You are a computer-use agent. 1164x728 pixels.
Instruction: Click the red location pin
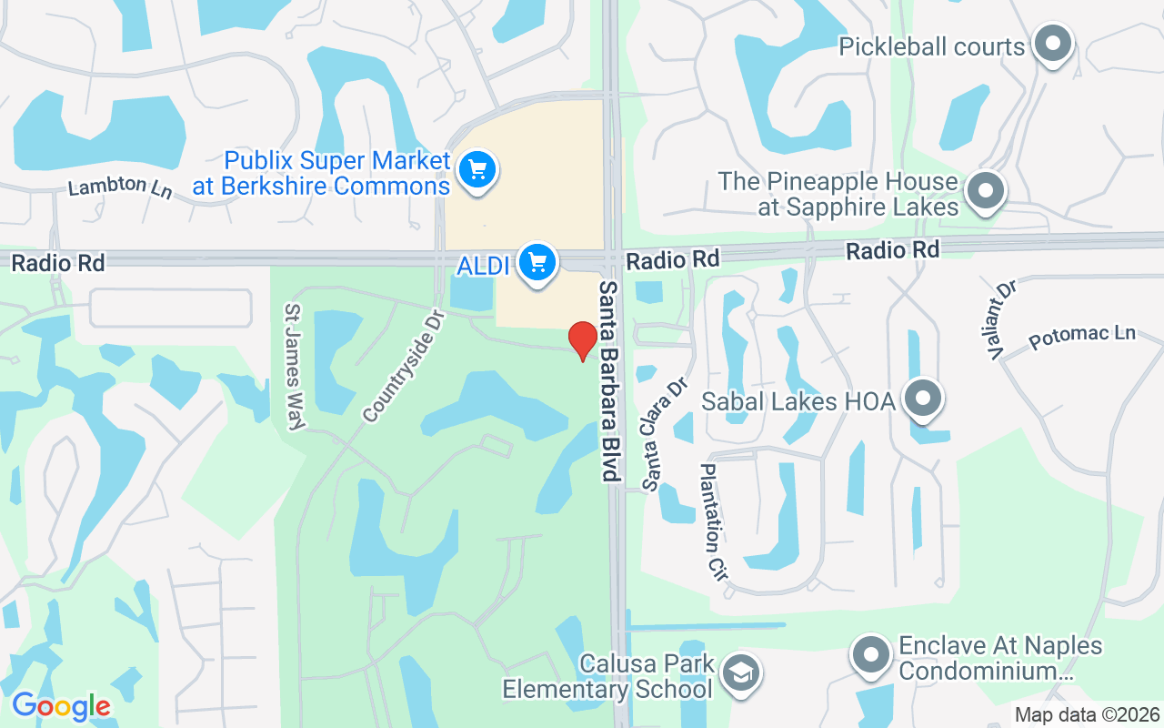(582, 340)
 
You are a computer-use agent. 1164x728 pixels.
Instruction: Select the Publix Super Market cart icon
(477, 169)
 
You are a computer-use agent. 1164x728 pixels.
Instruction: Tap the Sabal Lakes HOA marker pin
(923, 399)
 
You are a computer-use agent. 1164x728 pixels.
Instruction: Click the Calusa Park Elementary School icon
(741, 674)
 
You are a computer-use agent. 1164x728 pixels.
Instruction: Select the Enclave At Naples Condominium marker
(871, 655)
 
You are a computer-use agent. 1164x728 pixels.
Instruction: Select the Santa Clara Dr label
(664, 435)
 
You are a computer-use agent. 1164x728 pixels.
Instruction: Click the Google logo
(61, 706)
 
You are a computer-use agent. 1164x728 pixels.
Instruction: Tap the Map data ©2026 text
(1088, 715)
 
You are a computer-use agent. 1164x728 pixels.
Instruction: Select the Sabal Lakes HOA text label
(798, 400)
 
